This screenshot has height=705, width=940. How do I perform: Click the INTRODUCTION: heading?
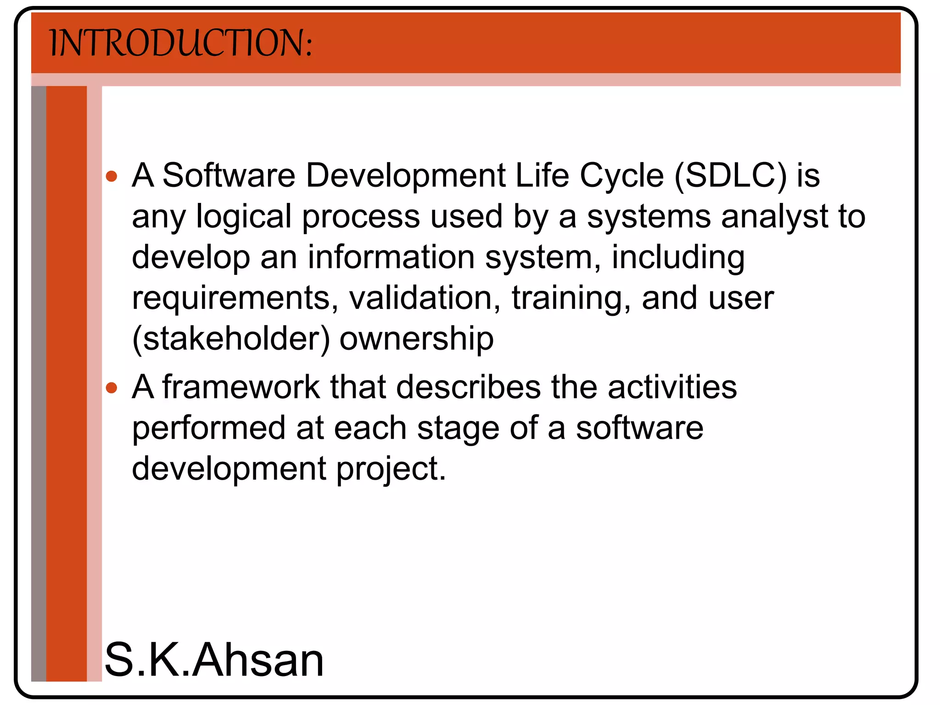[181, 43]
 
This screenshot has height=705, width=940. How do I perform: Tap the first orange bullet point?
[112, 176]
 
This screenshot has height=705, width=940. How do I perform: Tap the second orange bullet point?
[112, 388]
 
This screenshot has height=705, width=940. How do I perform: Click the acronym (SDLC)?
[730, 176]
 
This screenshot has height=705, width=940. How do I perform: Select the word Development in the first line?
[405, 176]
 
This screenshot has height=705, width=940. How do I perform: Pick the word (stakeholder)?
[231, 339]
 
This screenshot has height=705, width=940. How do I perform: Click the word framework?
[241, 387]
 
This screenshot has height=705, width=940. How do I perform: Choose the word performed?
[209, 428]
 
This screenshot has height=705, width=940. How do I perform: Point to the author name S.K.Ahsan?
[214, 660]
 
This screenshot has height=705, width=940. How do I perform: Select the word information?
[391, 257]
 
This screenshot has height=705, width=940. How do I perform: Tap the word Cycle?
[622, 177]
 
